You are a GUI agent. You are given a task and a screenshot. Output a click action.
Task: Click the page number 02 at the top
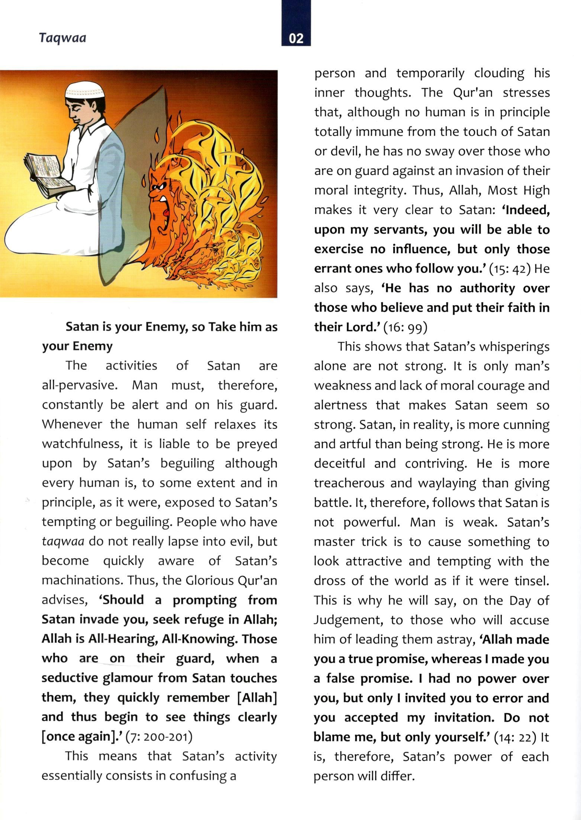click(296, 38)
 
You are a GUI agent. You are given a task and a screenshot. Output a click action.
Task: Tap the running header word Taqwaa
click(62, 38)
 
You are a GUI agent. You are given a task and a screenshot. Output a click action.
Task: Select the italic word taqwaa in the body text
click(62, 541)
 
